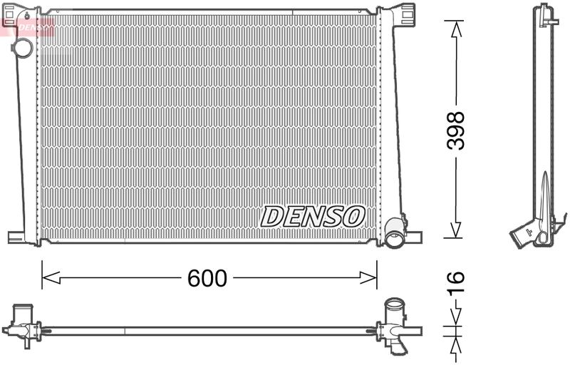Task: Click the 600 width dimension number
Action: pos(207,279)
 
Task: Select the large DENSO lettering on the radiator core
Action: pos(313,216)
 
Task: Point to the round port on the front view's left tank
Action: pos(23,48)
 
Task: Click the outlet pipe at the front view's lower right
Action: pos(394,233)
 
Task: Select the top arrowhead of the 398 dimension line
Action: pos(454,28)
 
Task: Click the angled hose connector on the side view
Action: pos(523,235)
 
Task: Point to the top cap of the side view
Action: pos(545,13)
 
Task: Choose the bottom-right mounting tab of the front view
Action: pos(413,236)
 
